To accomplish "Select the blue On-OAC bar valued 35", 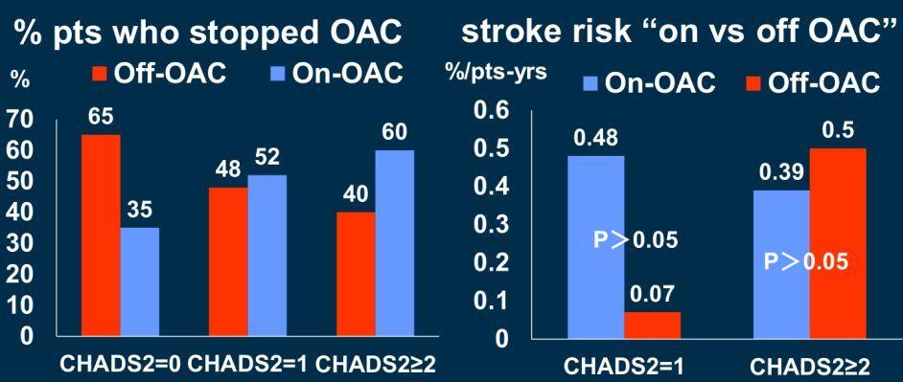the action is [x=139, y=281].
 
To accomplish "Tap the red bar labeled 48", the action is [x=228, y=261].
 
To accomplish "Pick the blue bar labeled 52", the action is [x=266, y=255].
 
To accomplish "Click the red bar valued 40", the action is [x=356, y=274].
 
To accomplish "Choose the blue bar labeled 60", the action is [x=394, y=243].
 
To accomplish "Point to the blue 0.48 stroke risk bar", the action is [x=596, y=247].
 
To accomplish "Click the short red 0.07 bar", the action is [x=652, y=326].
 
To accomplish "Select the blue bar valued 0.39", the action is [x=781, y=264].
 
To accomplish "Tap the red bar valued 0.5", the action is [x=838, y=243].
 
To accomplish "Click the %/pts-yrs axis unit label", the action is [x=497, y=76].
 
